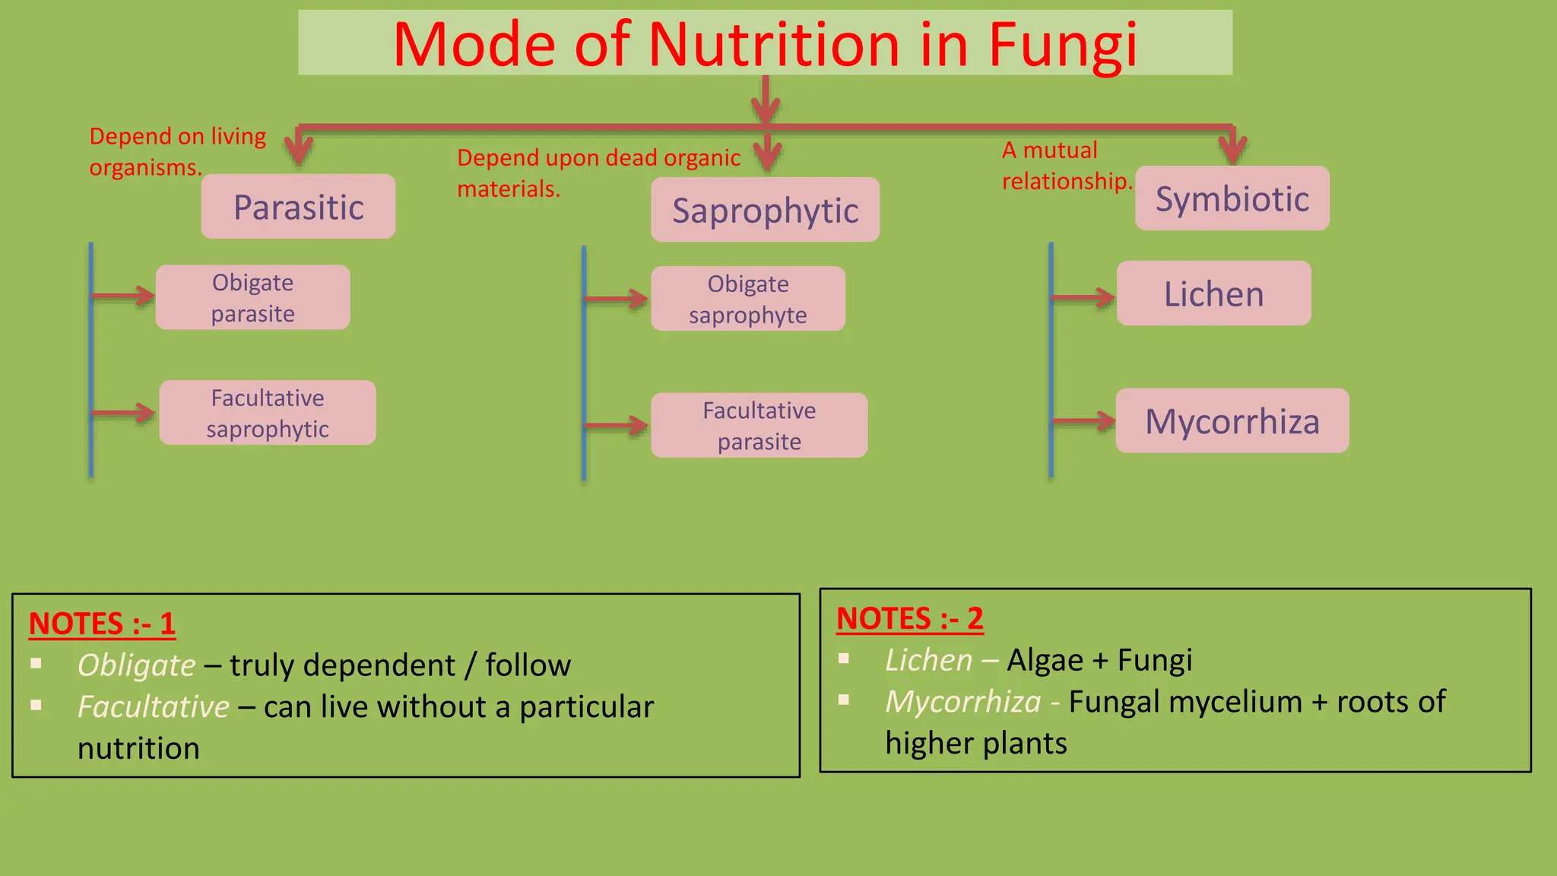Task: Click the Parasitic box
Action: click(298, 207)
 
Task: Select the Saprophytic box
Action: click(765, 211)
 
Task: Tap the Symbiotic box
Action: click(1232, 198)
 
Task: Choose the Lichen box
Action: click(1213, 294)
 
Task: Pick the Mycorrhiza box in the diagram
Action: click(1232, 421)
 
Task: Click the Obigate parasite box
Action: click(252, 297)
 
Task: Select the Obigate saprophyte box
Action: click(747, 299)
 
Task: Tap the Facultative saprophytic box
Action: click(268, 413)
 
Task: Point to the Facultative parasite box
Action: click(759, 426)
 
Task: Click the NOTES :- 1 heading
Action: click(102, 624)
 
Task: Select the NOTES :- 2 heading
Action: click(909, 618)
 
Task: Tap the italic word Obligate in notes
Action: click(137, 665)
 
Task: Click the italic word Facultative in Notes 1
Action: click(153, 707)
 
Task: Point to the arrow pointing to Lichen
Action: click(1084, 297)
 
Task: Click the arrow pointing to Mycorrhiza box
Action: click(1084, 421)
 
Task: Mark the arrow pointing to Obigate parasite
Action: click(124, 295)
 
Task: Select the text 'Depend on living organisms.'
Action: click(176, 151)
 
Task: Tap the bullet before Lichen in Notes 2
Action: click(844, 659)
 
